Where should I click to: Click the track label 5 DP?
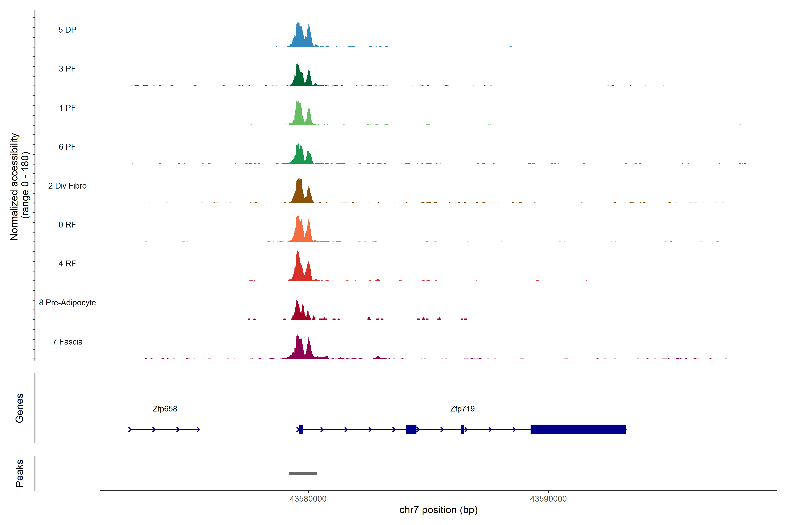coord(67,30)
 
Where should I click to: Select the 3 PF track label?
coord(67,69)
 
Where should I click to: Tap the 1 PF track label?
coord(67,108)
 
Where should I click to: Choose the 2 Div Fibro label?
coord(67,186)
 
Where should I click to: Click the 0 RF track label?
coord(67,225)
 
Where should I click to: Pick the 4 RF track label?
coord(67,264)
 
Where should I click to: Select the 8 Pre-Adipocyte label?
coord(67,303)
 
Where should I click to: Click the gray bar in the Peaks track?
coord(303,473)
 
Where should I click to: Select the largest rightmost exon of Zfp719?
coord(578,429)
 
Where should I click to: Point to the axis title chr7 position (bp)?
coord(438,510)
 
